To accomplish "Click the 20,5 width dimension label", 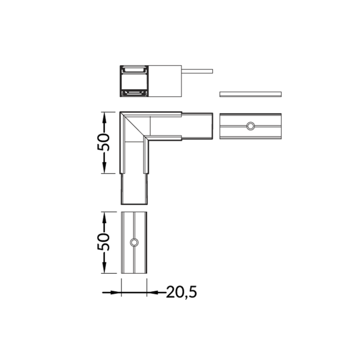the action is click(x=181, y=292).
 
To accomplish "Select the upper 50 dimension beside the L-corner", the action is click(x=103, y=142).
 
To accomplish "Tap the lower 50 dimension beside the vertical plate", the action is click(x=103, y=242).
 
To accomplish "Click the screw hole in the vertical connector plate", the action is click(x=134, y=243).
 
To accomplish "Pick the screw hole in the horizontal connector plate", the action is click(x=251, y=126).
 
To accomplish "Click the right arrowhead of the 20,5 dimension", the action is click(x=153, y=292).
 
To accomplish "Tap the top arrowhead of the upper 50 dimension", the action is click(x=104, y=117).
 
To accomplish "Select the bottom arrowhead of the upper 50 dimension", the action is click(x=104, y=167).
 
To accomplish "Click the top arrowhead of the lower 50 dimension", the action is click(x=104, y=217).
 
